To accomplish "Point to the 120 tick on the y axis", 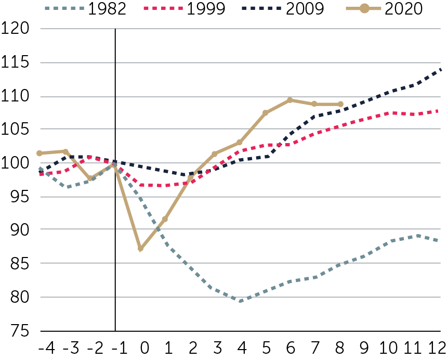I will coord(15,29).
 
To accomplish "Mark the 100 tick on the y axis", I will coord(15,163).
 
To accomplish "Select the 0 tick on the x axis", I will coord(144,348).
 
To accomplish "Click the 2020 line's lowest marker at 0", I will coord(140,249).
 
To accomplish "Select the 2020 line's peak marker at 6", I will coord(290,100).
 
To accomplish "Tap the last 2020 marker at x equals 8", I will coord(340,104).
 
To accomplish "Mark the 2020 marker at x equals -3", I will coord(65,151).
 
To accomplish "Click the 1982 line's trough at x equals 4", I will coord(240,301).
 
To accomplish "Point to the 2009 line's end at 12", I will coord(441,69).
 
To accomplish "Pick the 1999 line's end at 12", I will coord(441,111).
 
